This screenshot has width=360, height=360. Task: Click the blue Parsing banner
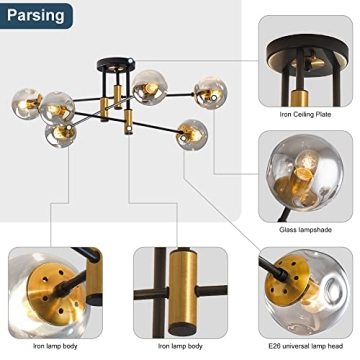(x=38, y=15)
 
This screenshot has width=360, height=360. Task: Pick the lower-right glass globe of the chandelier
(x=192, y=134)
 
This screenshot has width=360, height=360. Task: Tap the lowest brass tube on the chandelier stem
(x=127, y=125)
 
